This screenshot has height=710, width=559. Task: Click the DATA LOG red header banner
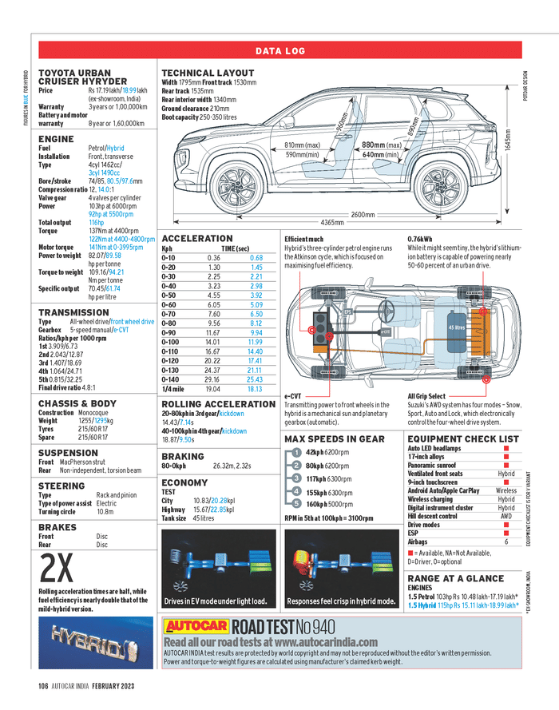point(279,51)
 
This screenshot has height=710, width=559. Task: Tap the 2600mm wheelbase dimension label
point(363,214)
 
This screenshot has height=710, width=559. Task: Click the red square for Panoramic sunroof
point(505,465)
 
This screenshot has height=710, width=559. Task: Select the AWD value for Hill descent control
point(505,516)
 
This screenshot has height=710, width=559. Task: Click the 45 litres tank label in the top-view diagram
point(457,327)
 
